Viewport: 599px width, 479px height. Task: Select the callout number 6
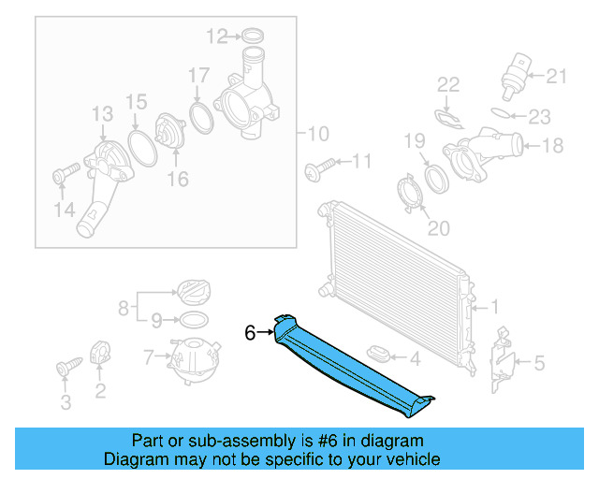point(250,332)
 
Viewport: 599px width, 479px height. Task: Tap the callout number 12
point(217,36)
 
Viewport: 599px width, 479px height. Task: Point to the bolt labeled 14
point(63,175)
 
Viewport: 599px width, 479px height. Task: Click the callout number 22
point(449,85)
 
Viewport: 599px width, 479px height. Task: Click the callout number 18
point(552,145)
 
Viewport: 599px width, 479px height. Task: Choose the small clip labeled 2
point(102,356)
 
